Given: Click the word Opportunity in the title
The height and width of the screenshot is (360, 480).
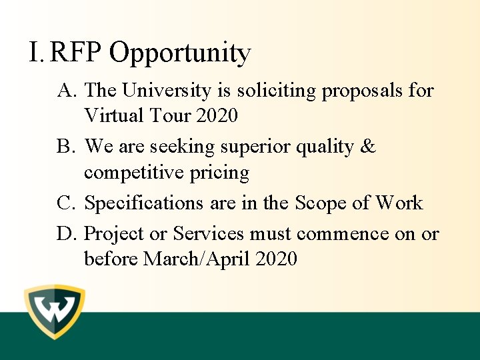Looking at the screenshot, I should click(180, 53).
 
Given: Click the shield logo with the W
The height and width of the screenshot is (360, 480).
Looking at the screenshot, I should click(55, 312).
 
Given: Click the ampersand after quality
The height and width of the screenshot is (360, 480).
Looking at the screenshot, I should click(367, 146).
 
